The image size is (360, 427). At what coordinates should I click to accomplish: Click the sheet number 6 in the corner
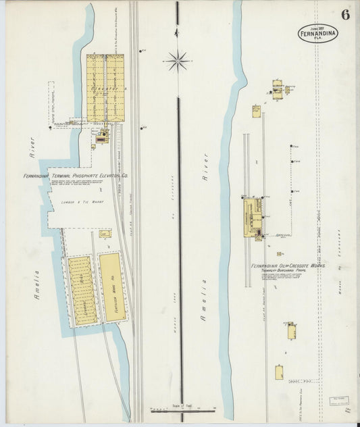click(345, 15)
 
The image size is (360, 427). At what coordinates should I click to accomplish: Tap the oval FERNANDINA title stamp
click(317, 34)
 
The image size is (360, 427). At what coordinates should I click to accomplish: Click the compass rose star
click(178, 61)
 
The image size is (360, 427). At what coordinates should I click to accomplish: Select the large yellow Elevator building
click(105, 88)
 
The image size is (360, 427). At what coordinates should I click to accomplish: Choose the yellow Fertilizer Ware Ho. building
click(111, 286)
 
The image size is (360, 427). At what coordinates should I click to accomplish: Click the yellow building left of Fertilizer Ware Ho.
click(82, 291)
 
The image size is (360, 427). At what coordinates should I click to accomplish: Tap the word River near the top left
click(30, 147)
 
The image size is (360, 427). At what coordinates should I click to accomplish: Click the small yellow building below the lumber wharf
click(105, 234)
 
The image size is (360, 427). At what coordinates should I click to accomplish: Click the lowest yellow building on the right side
click(279, 372)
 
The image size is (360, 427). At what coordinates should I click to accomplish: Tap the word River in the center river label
click(205, 169)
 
